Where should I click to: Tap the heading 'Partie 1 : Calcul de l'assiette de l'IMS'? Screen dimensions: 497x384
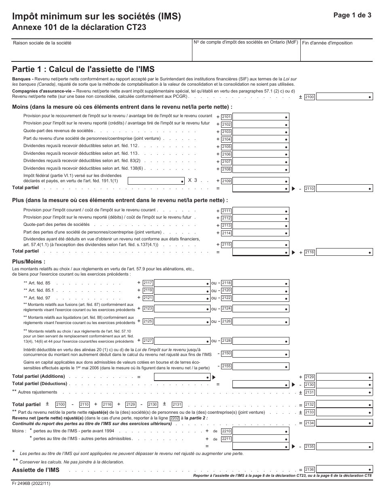[83, 69]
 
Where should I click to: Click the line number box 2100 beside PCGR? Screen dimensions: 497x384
[310, 97]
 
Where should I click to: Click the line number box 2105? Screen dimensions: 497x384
[226, 147]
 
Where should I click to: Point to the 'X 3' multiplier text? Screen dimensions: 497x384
[192, 181]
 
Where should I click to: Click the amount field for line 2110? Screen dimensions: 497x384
[344, 189]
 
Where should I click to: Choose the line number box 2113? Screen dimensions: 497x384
[226, 225]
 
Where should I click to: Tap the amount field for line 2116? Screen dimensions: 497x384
[344, 253]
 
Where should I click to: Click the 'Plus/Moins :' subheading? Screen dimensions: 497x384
[29, 261]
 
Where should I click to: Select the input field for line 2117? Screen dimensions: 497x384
[182, 283]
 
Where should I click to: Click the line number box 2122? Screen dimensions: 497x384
[226, 298]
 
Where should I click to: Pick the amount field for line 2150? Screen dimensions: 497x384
[261, 354]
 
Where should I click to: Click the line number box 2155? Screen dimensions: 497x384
[226, 366]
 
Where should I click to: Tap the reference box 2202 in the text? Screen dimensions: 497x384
[175, 418]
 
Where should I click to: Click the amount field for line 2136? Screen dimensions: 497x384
[344, 470]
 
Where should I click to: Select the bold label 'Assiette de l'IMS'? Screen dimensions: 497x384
[36, 470]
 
